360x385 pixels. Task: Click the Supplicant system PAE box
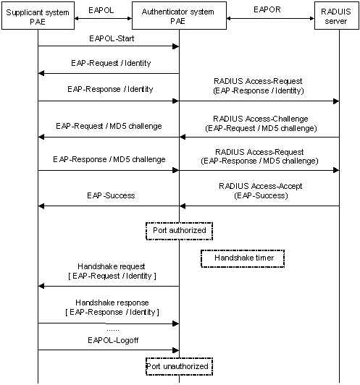point(38,16)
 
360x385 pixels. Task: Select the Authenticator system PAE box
point(179,16)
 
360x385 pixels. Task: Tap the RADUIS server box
point(337,16)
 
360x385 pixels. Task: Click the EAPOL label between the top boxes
point(101,10)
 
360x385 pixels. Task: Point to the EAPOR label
point(267,9)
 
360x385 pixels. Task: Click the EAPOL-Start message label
point(112,38)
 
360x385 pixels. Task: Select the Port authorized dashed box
point(179,231)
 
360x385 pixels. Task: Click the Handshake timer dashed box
point(243,258)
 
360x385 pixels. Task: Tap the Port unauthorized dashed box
point(179,367)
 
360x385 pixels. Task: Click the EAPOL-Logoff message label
point(113,340)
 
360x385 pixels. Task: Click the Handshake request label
point(112,266)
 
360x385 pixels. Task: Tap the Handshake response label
point(112,302)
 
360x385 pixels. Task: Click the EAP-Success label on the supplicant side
point(111,195)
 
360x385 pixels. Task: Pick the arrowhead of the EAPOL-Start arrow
point(176,46)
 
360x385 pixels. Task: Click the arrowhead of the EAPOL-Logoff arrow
point(176,350)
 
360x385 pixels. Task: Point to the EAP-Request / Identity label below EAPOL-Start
point(111,63)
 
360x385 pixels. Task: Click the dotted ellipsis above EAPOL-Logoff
point(113,331)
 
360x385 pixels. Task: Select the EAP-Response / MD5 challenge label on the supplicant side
point(109,160)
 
